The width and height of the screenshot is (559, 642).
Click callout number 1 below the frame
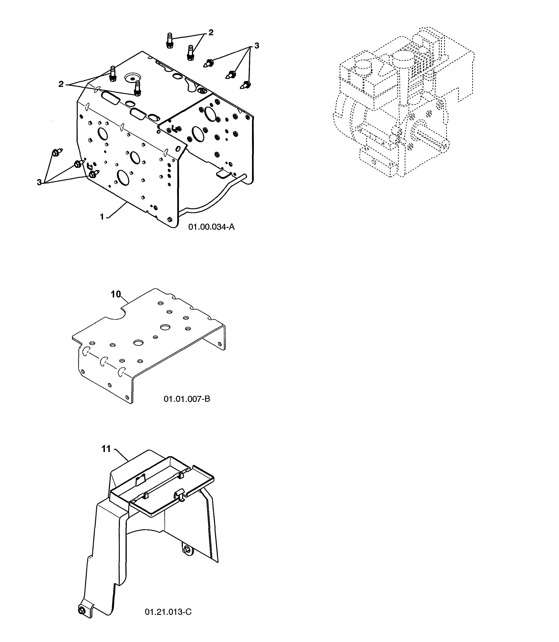102,216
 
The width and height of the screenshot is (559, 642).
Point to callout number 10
115,294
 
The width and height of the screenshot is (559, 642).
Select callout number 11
106,449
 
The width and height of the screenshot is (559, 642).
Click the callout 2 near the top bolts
211,32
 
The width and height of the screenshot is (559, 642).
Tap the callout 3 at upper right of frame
257,46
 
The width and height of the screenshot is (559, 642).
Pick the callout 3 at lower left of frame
39,182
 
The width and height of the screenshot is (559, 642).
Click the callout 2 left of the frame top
61,84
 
